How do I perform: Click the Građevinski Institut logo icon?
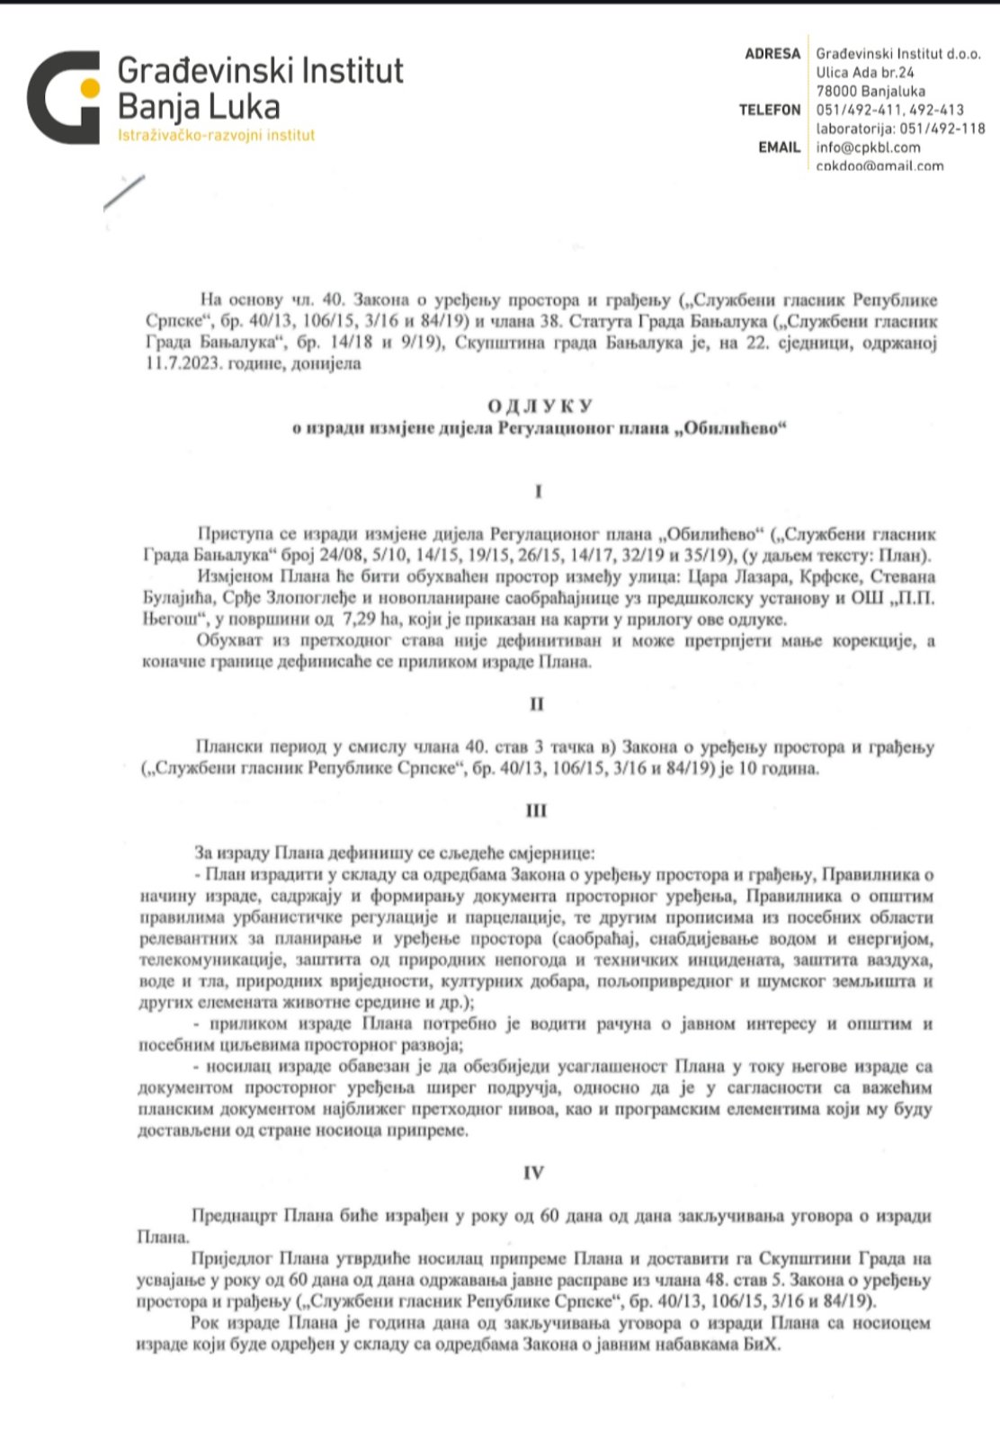click(63, 97)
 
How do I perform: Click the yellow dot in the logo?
click(90, 87)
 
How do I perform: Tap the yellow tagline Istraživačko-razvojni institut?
click(216, 136)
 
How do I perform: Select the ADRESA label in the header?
click(772, 54)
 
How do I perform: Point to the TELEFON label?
click(769, 110)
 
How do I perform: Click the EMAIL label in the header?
click(779, 147)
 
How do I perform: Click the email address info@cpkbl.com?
click(868, 147)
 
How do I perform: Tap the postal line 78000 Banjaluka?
click(870, 92)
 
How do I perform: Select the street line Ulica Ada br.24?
click(864, 73)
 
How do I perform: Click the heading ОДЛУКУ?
click(539, 407)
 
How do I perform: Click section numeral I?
click(538, 492)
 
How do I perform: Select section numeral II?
click(537, 704)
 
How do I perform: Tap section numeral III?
click(536, 811)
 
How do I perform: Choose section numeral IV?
click(533, 1174)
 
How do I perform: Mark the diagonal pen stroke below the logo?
click(124, 192)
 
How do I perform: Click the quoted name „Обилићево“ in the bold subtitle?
click(732, 429)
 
